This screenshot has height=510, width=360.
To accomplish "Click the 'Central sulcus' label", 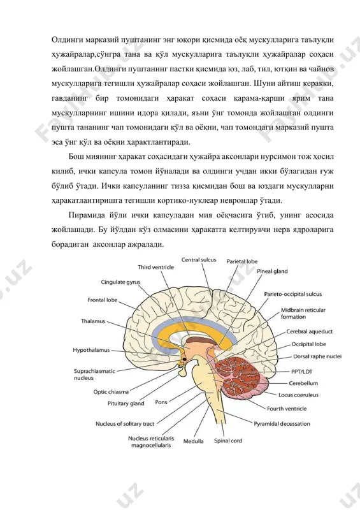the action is (x=199, y=260).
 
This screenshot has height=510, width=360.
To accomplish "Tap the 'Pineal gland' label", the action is (x=272, y=272).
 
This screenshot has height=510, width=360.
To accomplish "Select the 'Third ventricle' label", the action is (x=155, y=267).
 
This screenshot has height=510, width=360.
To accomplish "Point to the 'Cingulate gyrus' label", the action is (x=120, y=282).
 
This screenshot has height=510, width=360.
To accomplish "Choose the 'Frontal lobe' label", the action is (x=103, y=300).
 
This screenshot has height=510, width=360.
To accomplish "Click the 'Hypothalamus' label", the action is (x=91, y=350).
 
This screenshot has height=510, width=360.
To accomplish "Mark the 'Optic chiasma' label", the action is (x=112, y=392).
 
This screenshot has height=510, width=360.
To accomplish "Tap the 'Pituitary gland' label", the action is (x=126, y=404).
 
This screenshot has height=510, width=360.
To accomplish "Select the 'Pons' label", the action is (x=161, y=402).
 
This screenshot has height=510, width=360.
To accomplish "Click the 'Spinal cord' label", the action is (x=228, y=441).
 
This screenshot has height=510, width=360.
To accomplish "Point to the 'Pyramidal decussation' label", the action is (x=282, y=424).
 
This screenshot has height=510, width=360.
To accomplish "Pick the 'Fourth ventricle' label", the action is (x=287, y=409).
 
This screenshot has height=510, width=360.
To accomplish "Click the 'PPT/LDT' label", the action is (x=301, y=372).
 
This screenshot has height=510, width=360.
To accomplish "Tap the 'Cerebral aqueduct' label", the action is (x=309, y=331).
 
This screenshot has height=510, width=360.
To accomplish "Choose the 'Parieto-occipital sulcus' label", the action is (x=292, y=294).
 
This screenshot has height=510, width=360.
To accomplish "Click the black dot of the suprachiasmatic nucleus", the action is (x=185, y=359).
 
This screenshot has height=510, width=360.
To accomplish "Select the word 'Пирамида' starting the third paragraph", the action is (x=87, y=215).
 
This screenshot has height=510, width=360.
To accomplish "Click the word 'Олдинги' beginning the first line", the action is (x=67, y=40).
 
